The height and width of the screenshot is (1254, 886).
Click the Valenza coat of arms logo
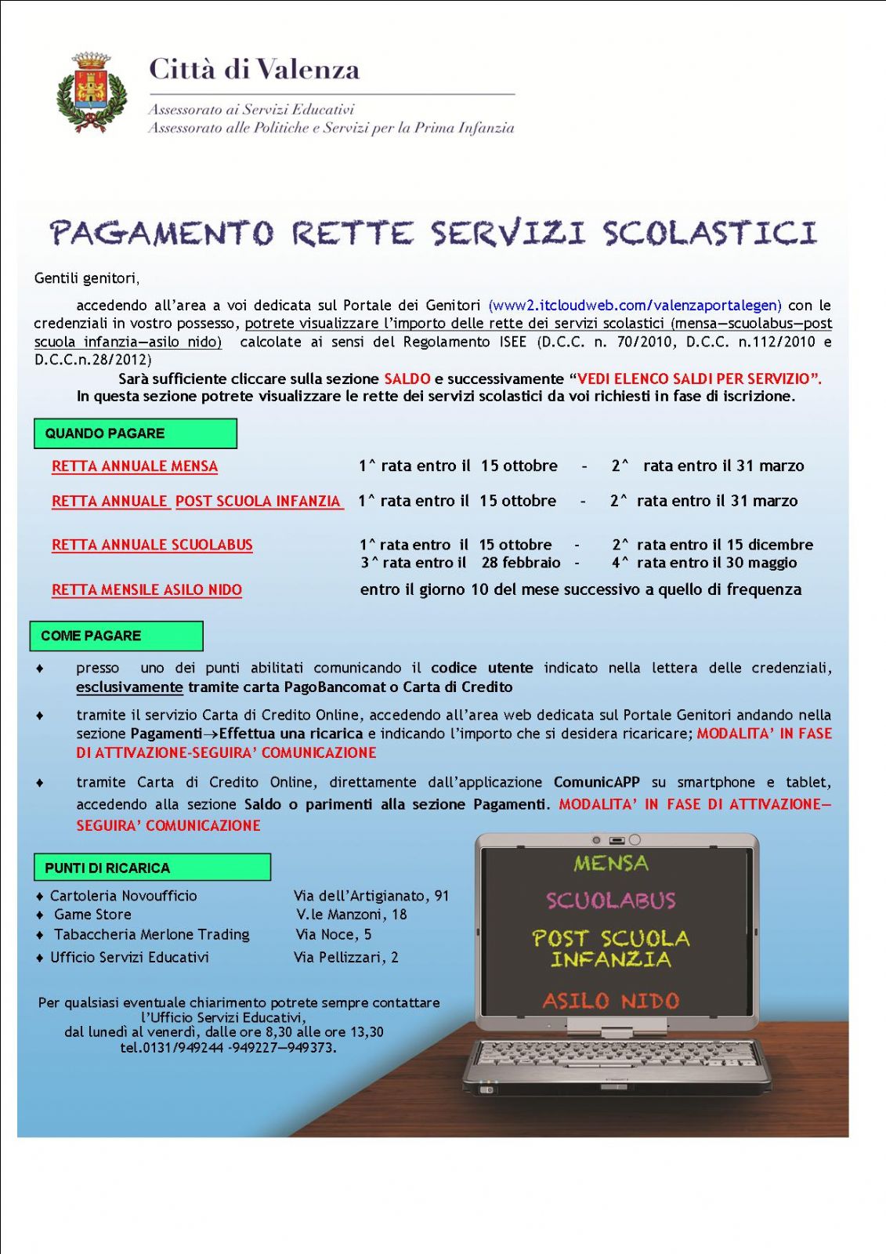tap(92, 92)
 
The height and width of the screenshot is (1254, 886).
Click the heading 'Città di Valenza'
tap(254, 70)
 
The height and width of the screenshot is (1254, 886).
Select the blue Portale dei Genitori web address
tap(635, 305)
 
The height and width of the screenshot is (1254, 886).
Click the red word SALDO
tap(407, 379)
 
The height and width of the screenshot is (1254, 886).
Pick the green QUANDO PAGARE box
tap(135, 433)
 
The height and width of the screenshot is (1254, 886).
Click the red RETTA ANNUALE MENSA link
tap(135, 466)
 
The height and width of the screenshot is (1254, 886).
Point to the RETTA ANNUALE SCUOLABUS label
tap(152, 545)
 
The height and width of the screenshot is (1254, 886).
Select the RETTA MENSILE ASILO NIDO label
tap(146, 590)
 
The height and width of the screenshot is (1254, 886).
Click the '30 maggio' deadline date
tap(761, 563)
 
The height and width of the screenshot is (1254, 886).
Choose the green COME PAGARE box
tap(116, 636)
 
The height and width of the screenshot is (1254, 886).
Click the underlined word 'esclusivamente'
tap(129, 687)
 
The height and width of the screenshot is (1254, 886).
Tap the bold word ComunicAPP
tap(596, 782)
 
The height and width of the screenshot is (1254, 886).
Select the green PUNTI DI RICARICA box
tap(152, 868)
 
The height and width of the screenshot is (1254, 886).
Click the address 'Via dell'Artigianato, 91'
tap(371, 896)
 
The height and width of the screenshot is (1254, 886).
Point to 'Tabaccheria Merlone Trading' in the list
tap(151, 934)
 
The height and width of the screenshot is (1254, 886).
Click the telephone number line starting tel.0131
tap(228, 1047)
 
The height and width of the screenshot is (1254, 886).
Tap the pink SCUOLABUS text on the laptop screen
tap(610, 901)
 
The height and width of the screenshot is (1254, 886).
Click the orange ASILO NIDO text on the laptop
tap(610, 1001)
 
